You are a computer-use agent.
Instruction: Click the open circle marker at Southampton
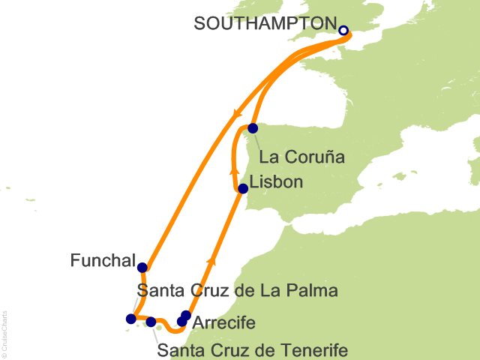pyautogui.click(x=343, y=31)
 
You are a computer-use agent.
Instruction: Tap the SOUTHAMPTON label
pyautogui.click(x=262, y=23)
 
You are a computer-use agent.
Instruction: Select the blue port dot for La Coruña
pyautogui.click(x=253, y=128)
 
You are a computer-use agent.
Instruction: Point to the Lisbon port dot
pyautogui.click(x=242, y=189)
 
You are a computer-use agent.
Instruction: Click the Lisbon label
pyautogui.click(x=277, y=182)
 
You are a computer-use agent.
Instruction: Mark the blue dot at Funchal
pyautogui.click(x=142, y=266)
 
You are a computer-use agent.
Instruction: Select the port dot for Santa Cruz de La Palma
pyautogui.click(x=131, y=319)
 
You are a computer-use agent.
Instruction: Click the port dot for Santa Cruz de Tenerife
pyautogui.click(x=151, y=322)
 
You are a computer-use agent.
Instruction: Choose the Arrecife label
pyautogui.click(x=223, y=323)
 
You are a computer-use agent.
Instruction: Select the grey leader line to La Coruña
pyautogui.click(x=257, y=139)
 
